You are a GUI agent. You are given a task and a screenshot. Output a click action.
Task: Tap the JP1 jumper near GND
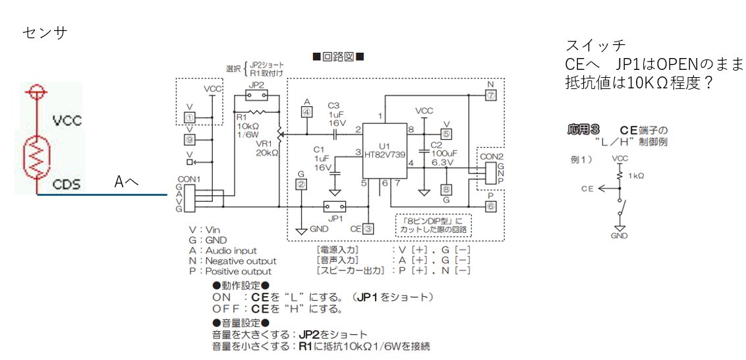(x=331, y=206)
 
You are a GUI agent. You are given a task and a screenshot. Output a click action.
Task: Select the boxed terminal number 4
(x=306, y=111)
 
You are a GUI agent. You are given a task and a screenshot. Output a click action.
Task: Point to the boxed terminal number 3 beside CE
(x=368, y=229)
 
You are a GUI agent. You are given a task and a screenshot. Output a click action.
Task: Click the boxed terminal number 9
(x=190, y=139)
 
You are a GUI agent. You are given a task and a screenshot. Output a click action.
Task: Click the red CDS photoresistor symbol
(x=37, y=155)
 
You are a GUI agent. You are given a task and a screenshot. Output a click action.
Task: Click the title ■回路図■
(x=339, y=57)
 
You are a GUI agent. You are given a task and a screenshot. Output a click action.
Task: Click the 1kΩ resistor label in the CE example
(x=635, y=176)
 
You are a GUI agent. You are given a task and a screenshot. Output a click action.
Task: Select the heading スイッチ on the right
(x=595, y=45)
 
